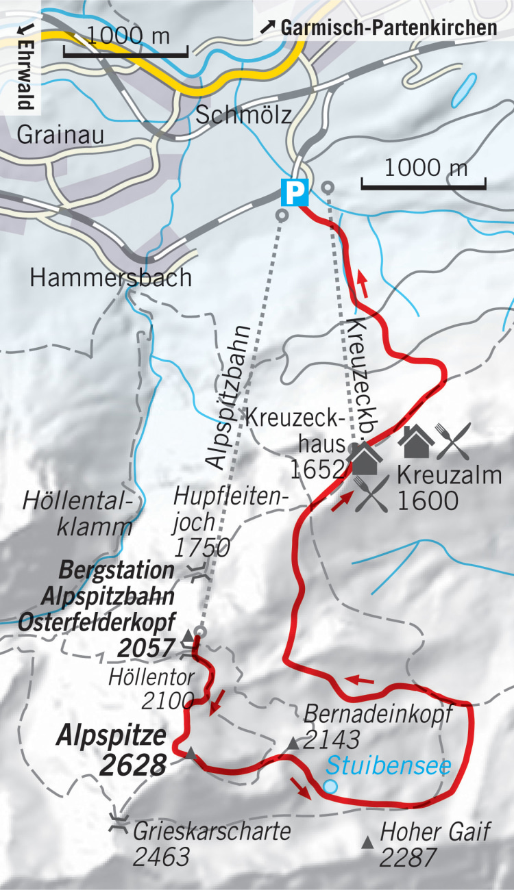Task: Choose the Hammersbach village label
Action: coord(110,277)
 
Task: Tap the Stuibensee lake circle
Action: coord(330,787)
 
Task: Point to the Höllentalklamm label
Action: coord(77,513)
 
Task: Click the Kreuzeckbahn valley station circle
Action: coord(328,186)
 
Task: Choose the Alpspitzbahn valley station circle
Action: coord(281,215)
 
